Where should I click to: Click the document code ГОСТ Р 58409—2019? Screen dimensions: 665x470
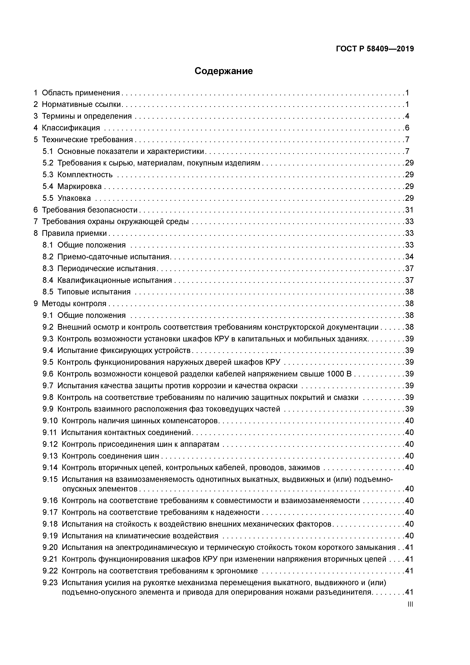(x=375, y=49)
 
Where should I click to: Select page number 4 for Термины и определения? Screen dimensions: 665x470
(x=407, y=116)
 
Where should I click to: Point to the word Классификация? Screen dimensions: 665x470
(x=71, y=128)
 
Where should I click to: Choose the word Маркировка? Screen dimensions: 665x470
(x=79, y=186)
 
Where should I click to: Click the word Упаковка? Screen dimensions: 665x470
(x=74, y=198)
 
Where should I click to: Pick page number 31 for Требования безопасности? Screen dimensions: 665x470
(x=409, y=210)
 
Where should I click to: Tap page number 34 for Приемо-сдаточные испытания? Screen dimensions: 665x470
(x=409, y=257)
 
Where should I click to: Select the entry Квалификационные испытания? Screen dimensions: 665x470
(x=114, y=280)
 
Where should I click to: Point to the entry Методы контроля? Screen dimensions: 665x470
(x=74, y=303)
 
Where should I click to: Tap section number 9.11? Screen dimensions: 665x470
(x=49, y=432)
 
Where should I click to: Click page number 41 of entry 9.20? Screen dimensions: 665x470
(x=409, y=547)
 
